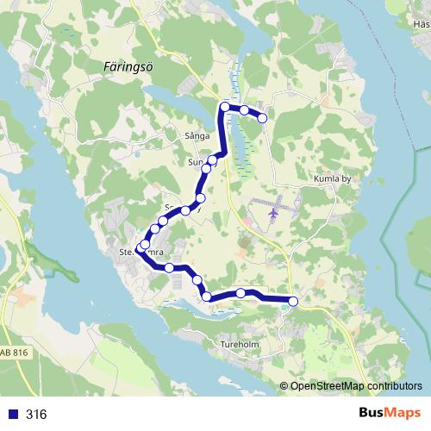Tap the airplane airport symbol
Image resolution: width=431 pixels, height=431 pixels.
coord(275,210)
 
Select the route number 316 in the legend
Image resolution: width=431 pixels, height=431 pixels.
coord(36,415)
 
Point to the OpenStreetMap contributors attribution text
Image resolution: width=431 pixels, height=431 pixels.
coord(356,385)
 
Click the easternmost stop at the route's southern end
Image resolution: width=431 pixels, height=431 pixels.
coord(293,301)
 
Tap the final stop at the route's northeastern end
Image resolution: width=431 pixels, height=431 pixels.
coord(263,118)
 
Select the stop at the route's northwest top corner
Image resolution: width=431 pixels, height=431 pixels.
coord(225,107)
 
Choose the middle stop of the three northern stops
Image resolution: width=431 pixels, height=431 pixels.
coord(244,110)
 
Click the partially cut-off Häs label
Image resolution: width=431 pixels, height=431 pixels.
coord(422,24)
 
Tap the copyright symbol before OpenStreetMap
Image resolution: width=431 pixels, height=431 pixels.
coord(284,385)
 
